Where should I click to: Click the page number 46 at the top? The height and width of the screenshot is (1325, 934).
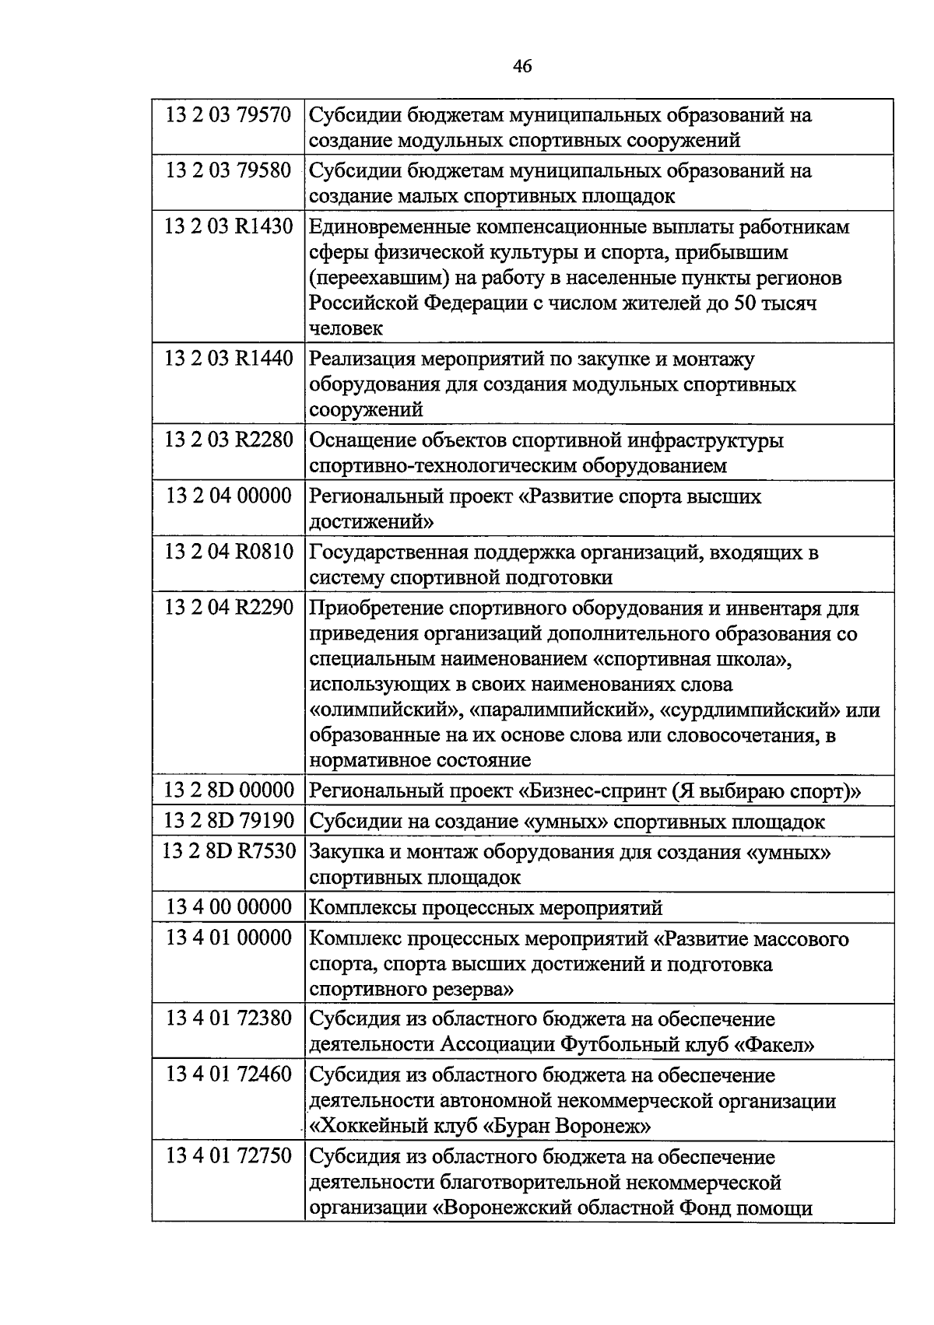click(522, 67)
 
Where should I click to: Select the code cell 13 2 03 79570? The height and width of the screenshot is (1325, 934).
click(228, 115)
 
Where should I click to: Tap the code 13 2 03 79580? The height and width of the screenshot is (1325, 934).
click(228, 170)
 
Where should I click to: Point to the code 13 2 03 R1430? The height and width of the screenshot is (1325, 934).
click(228, 226)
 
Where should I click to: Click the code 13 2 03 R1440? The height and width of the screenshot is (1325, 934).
click(228, 359)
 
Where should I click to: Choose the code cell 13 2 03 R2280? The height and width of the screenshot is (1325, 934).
click(228, 440)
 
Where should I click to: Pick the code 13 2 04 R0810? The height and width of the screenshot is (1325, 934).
click(228, 552)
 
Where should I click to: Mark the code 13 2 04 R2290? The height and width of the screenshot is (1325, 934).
click(228, 608)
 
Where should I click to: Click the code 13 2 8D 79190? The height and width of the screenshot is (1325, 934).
click(228, 821)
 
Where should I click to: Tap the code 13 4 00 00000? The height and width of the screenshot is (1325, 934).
click(228, 907)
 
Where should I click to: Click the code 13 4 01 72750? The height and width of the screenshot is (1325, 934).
click(228, 1155)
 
